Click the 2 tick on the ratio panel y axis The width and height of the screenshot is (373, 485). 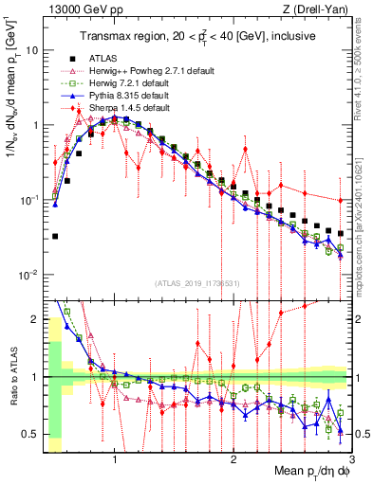pyautogui.click(x=34, y=319)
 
